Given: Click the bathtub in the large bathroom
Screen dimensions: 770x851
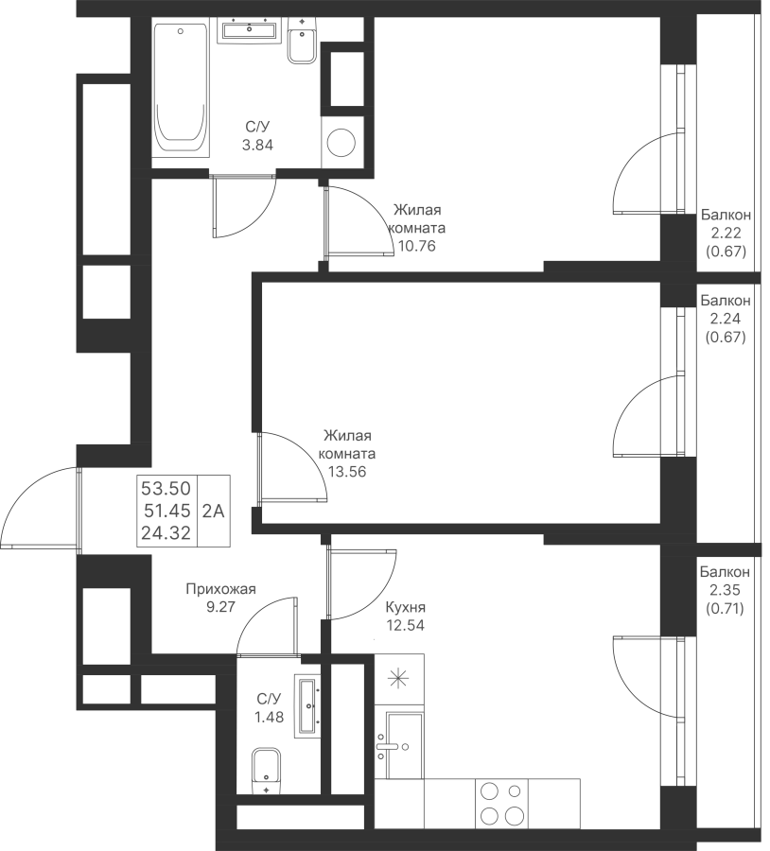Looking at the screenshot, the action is point(181,90).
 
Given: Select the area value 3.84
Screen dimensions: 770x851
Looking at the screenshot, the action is point(257,146).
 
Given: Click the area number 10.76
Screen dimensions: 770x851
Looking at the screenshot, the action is point(417,247).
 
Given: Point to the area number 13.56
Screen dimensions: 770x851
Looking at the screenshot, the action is point(347,472).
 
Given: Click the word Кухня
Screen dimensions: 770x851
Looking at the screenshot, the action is point(405,607).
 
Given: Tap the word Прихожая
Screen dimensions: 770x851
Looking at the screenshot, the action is point(220,589).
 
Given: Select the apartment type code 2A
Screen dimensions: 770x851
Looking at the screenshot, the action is point(214,512).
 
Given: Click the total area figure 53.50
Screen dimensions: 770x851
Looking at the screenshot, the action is point(166,489).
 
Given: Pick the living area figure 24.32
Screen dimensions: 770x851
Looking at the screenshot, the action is point(166,533).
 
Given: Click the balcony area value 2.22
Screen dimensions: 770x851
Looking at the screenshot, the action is point(726,233).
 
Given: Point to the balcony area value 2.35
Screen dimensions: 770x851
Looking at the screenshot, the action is point(725,590).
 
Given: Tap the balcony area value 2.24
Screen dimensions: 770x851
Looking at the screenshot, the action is point(726,319).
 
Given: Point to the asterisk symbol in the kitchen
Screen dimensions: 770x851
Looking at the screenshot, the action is point(399,679).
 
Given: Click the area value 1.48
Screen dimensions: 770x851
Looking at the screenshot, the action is point(270,717).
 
